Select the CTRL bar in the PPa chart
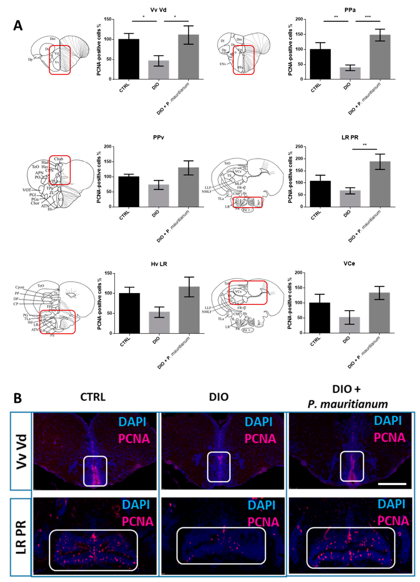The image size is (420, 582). (320, 64)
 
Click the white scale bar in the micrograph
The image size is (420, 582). (392, 484)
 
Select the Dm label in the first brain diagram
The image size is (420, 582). (53, 39)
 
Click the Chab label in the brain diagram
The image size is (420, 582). (58, 159)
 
